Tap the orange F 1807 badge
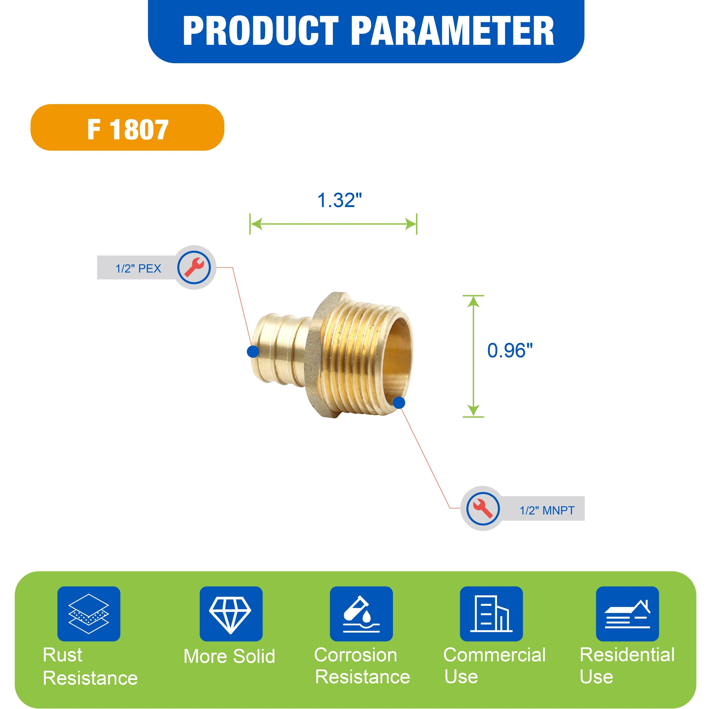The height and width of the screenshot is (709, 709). click(x=127, y=127)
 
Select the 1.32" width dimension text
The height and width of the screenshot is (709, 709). click(x=339, y=200)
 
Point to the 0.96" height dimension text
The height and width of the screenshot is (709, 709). click(x=510, y=350)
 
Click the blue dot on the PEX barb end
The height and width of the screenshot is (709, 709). click(x=253, y=351)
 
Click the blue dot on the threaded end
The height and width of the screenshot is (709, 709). click(x=399, y=403)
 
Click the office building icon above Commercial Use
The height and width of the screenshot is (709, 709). click(x=491, y=614)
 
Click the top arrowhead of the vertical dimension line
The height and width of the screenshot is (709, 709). click(x=473, y=301)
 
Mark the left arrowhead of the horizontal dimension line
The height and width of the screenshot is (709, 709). click(x=256, y=224)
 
